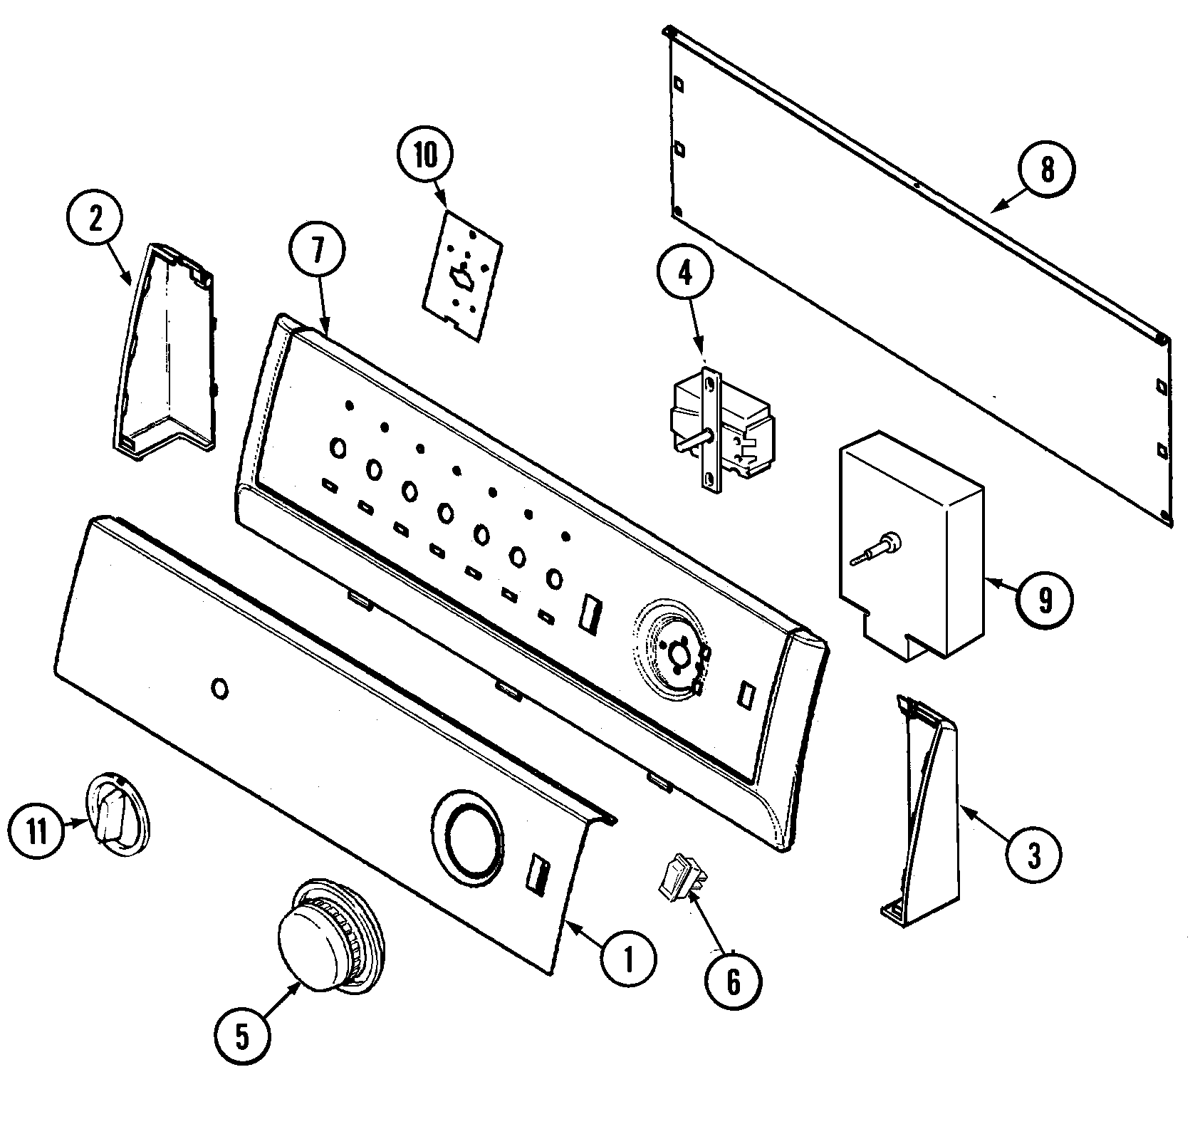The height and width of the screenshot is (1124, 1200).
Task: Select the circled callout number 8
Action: [x=1046, y=170]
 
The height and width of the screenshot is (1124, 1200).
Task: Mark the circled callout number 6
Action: [x=733, y=982]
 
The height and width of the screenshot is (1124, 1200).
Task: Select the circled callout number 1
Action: [x=628, y=961]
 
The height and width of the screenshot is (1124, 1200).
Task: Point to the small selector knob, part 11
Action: [x=118, y=813]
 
